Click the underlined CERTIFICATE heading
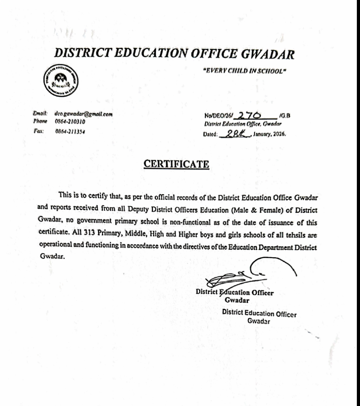tap(176, 163)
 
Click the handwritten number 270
tap(247, 115)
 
